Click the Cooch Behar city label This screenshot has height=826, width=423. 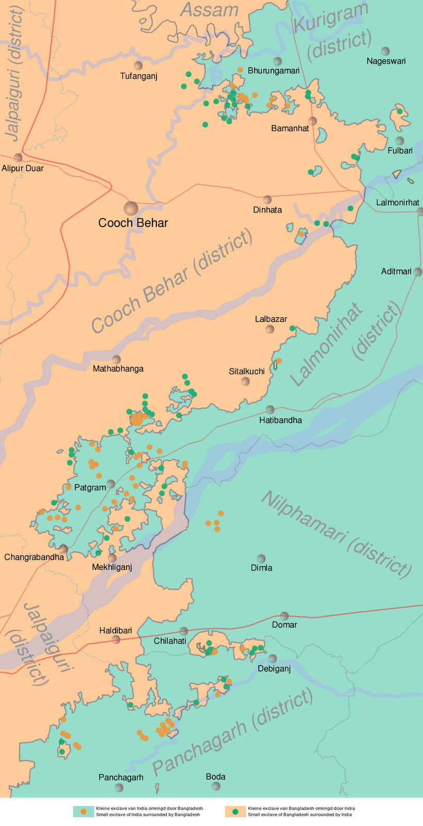click(133, 223)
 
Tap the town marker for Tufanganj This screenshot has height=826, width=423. click(138, 66)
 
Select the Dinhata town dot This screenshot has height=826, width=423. click(267, 200)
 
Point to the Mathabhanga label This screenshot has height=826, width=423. click(118, 369)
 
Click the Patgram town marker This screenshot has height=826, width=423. click(111, 484)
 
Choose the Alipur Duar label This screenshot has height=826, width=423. click(23, 168)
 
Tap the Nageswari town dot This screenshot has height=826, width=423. click(385, 51)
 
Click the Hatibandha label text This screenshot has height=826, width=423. click(280, 420)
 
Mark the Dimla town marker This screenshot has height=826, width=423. click(261, 559)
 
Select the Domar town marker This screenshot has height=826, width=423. click(284, 616)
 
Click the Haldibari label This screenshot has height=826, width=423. click(116, 630)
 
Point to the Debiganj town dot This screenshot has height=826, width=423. click(272, 659)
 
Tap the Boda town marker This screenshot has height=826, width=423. click(216, 786)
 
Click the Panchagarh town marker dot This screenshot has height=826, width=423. click(119, 788)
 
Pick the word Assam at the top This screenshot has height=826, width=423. click(209, 10)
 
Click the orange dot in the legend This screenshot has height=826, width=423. click(84, 811)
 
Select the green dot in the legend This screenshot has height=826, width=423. click(236, 811)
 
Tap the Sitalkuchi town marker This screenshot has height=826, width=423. click(245, 382)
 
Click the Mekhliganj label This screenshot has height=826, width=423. click(112, 567)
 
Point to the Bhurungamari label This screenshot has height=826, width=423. click(273, 71)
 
